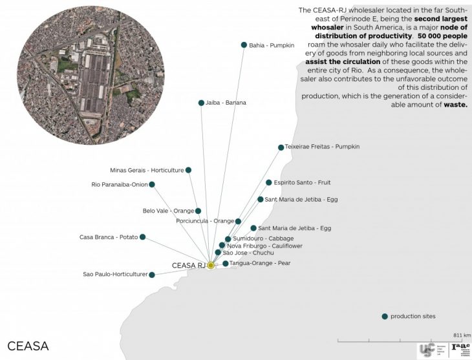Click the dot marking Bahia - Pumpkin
click(244, 45)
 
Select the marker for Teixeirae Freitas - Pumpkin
click(280, 147)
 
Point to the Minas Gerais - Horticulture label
click(147, 170)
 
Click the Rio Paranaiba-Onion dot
click(152, 185)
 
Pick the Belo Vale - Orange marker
click(198, 211)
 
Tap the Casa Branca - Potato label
click(109, 237)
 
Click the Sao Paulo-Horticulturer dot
click(152, 275)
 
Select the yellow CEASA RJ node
click(210, 265)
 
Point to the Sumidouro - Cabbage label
click(258, 238)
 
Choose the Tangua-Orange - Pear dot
click(225, 264)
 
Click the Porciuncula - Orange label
click(204, 221)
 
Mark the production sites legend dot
click(385, 316)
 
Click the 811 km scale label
click(462, 335)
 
